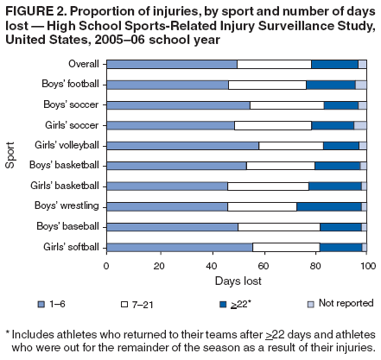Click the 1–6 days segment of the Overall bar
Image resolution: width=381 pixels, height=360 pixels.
[171, 64]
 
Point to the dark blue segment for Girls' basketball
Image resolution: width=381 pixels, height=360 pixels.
[335, 186]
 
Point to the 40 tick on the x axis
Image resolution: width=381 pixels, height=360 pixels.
[210, 266]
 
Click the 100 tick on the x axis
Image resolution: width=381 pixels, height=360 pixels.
[367, 266]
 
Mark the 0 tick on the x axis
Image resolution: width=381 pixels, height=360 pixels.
[105, 266]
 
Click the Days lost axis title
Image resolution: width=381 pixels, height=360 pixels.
[236, 282]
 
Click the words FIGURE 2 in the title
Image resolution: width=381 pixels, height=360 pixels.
[35, 10]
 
